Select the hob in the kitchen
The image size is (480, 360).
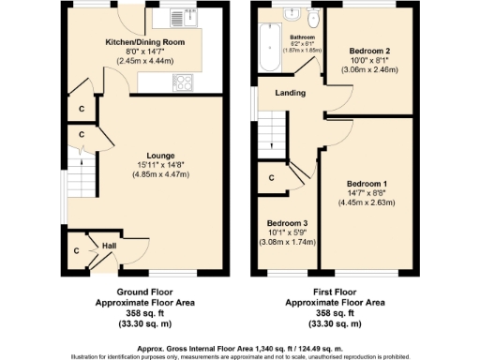click(182, 82)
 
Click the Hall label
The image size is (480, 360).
click(109, 246)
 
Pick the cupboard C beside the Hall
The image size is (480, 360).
click(77, 250)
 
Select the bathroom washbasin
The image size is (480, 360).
click(289, 14)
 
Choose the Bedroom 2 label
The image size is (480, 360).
click(369, 50)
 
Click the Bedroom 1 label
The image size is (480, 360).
click(367, 184)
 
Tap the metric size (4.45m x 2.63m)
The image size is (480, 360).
click(367, 202)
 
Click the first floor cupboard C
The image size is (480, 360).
click(271, 176)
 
